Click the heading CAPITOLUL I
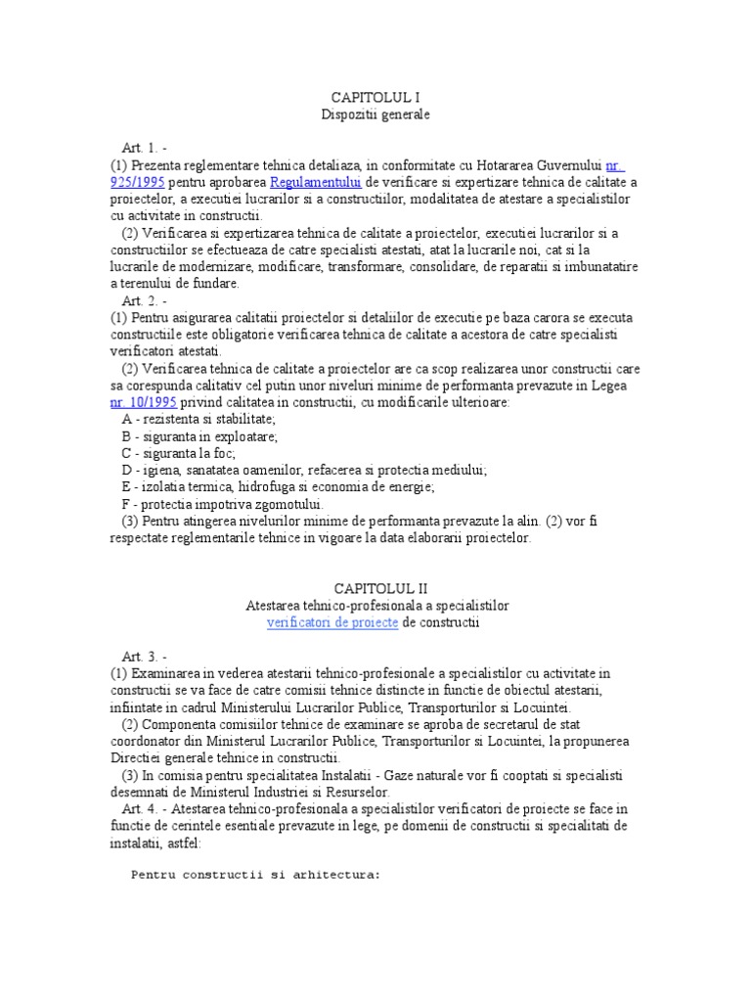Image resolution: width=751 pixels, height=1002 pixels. point(376,98)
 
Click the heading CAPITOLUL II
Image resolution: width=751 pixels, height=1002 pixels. point(376,588)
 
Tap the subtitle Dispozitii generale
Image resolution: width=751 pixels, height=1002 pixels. point(376,114)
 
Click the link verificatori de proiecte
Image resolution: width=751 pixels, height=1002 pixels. point(332,622)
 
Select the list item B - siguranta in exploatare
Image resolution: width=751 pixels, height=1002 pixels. point(199,436)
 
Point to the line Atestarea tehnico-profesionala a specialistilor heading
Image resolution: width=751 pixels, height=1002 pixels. point(376,606)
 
